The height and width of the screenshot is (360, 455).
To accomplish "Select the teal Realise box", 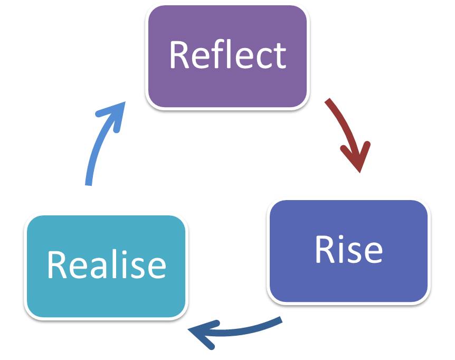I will click(106, 296).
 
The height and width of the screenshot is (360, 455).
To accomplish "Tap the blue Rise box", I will click(348, 280).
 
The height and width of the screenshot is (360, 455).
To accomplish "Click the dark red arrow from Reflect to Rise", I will click(346, 132).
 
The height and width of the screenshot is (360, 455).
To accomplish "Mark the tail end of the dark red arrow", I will click(328, 101).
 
